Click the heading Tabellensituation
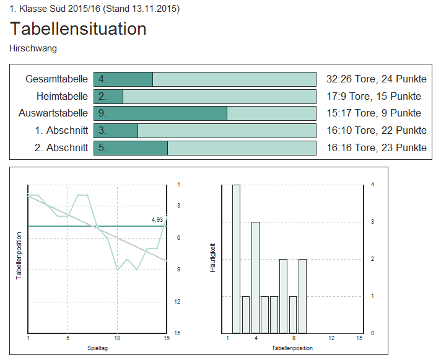pyautogui.click(x=78, y=29)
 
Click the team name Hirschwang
pyautogui.click(x=33, y=48)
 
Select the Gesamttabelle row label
pyautogui.click(x=56, y=79)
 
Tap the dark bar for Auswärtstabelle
pyautogui.click(x=160, y=113)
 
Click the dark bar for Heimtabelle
pyautogui.click(x=108, y=96)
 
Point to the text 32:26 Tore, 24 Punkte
pyautogui.click(x=376, y=79)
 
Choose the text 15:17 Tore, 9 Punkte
pyautogui.click(x=373, y=113)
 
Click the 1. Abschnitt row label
pyautogui.click(x=61, y=130)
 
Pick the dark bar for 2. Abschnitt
pyautogui.click(x=131, y=147)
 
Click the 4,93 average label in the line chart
pyautogui.click(x=157, y=219)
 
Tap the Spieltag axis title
pyautogui.click(x=97, y=348)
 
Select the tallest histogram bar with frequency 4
pyautogui.click(x=236, y=258)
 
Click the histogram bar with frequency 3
pyautogui.click(x=255, y=277)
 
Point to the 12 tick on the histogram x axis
pyautogui.click(x=331, y=338)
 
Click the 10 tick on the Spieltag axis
pyautogui.click(x=117, y=338)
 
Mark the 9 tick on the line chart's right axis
pyautogui.click(x=178, y=270)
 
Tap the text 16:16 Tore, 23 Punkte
pyautogui.click(x=376, y=147)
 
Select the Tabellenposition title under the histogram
pyautogui.click(x=292, y=348)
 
